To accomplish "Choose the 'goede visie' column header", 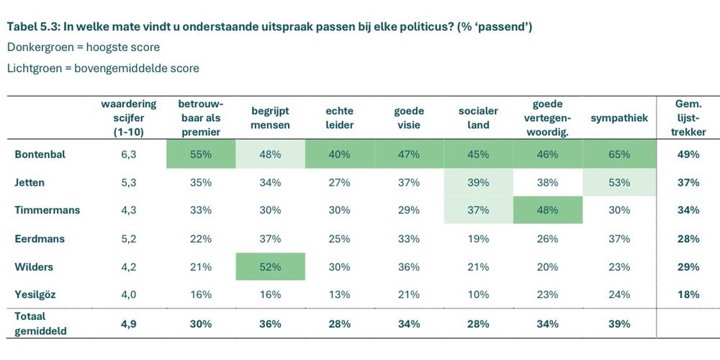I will coord(408,118).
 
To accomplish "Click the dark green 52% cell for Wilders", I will coord(271,266).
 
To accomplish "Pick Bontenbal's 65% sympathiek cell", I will coord(618,154).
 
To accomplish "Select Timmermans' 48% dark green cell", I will coord(547,210).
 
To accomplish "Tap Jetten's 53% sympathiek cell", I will coord(618,182).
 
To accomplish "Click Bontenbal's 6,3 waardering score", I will coord(129,154).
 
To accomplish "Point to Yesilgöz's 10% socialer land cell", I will coord(478,294).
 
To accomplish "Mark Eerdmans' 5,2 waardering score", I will coord(129,238).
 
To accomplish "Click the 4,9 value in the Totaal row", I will coord(129,323).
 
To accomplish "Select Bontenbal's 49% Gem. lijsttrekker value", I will coord(689,154).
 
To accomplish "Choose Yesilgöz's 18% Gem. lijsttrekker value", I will coord(689,294).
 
